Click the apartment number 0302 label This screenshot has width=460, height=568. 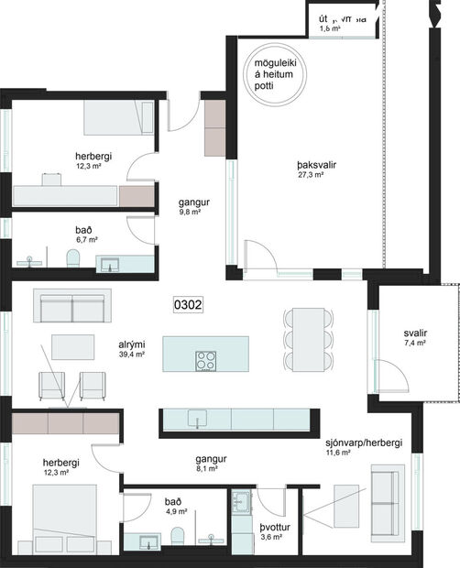coord(188,304)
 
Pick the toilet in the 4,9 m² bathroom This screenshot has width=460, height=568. coord(180,538)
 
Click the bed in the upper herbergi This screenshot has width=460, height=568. coord(117,117)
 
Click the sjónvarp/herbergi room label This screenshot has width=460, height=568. coord(363,447)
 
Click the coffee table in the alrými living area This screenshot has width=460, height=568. coord(72,346)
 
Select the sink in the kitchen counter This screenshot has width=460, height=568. coord(194,419)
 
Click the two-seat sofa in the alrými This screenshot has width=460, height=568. coord(72,306)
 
